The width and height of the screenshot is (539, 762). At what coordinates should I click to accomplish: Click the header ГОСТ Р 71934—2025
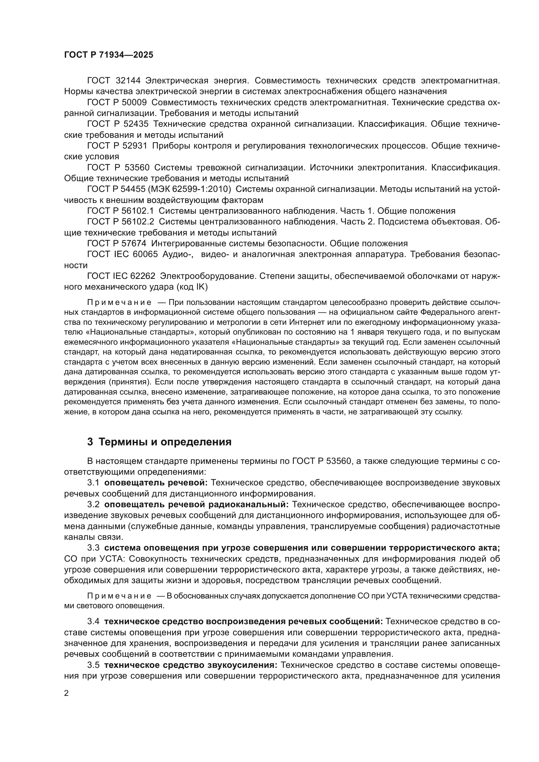[x=109, y=55]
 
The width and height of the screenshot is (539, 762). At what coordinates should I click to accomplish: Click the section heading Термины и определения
[x=159, y=442]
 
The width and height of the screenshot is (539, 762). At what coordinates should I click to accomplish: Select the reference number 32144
[x=128, y=80]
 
